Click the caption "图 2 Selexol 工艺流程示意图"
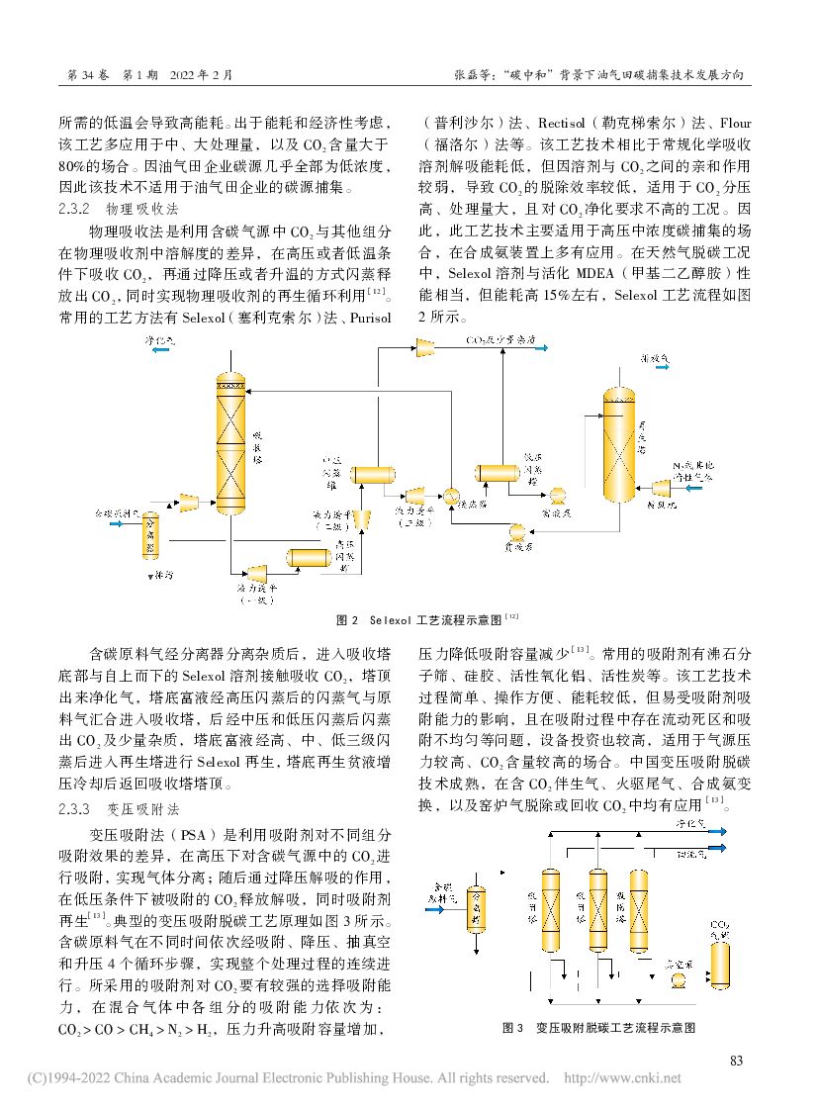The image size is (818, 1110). click(428, 619)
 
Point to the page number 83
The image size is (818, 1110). click(735, 1061)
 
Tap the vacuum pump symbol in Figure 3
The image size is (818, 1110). click(679, 978)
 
